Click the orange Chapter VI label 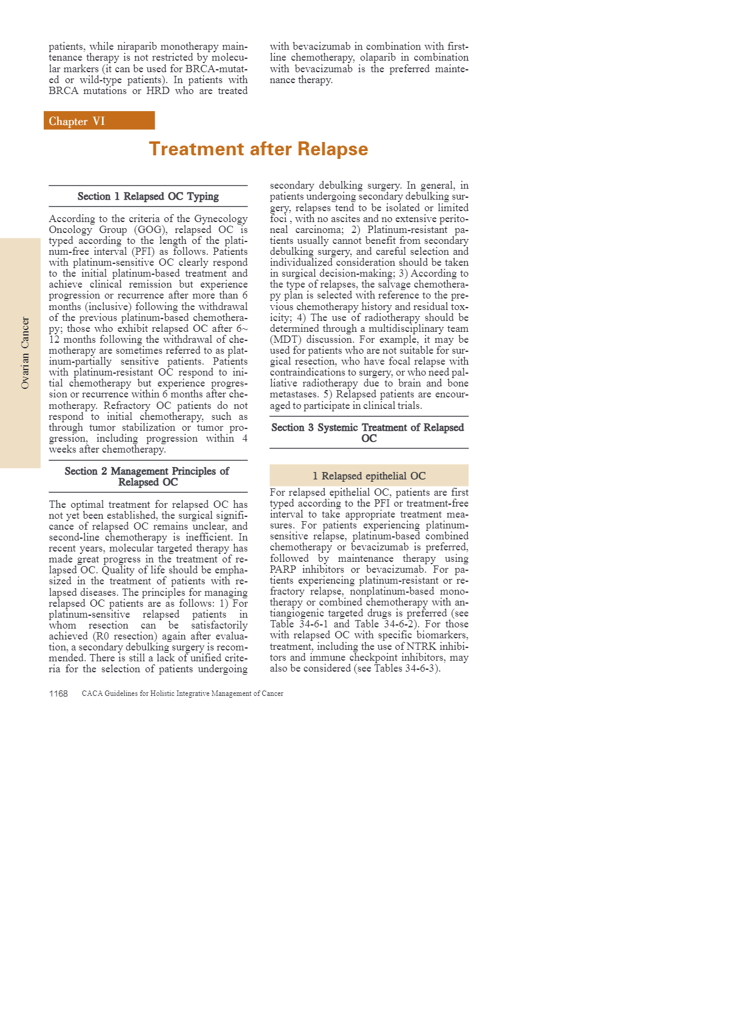point(99,121)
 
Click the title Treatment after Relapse point(258,149)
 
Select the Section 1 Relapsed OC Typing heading point(148,197)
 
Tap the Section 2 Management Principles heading point(147,477)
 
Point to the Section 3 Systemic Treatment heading point(368,433)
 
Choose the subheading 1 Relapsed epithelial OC point(369,476)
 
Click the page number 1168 point(58,693)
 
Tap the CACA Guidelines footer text point(183,693)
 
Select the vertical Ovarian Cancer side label point(25,353)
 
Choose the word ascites point(347,219)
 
